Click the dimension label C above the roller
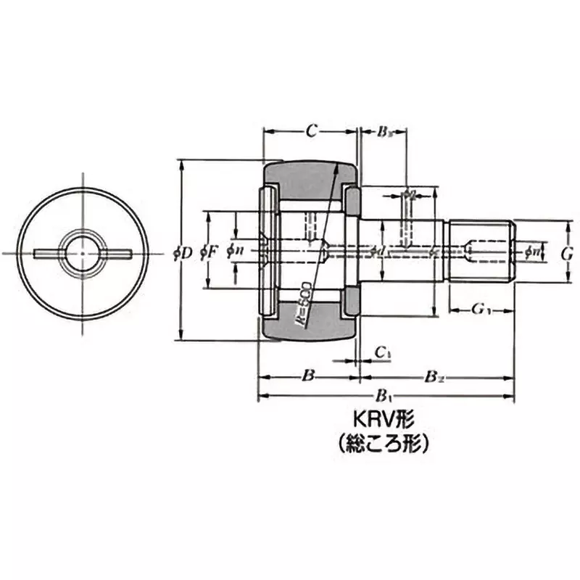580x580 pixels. pos(310,131)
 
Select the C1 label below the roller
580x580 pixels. pos(384,353)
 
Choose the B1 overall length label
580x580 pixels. pos(384,397)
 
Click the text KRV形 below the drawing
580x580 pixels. pos(383,421)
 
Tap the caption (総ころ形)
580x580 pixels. pos(383,443)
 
